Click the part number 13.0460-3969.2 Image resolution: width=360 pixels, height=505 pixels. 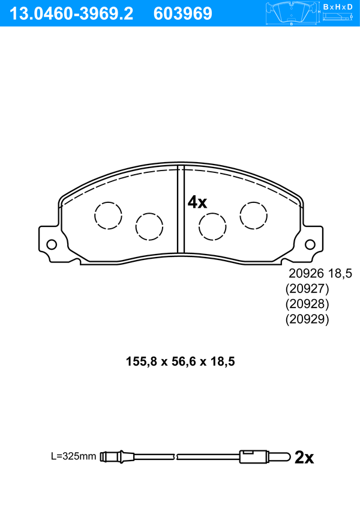click(x=71, y=14)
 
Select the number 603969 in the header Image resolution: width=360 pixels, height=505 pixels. click(x=183, y=14)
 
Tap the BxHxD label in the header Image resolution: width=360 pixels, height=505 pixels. click(x=338, y=7)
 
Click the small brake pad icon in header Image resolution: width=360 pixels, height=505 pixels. click(x=291, y=13)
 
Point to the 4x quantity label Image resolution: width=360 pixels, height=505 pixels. click(x=197, y=202)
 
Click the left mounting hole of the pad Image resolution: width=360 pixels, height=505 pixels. click(x=52, y=244)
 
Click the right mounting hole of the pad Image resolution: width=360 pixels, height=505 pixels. click(x=310, y=244)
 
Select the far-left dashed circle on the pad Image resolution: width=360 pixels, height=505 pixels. click(x=109, y=216)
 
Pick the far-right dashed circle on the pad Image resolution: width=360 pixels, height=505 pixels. click(x=254, y=216)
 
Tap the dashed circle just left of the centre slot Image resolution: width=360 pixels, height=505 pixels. click(x=149, y=226)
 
